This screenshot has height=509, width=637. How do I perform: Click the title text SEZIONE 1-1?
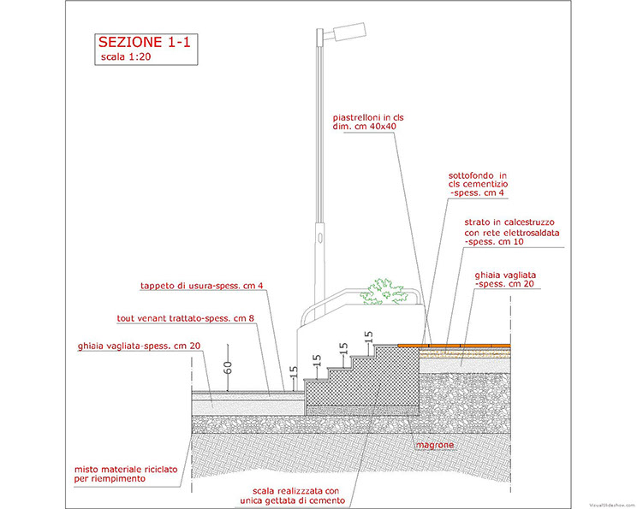(x=144, y=42)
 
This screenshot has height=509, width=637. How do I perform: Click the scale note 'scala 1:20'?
(x=126, y=56)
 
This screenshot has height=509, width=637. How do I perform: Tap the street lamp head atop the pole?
(x=349, y=32)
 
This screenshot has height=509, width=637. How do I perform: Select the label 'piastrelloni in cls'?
(x=368, y=118)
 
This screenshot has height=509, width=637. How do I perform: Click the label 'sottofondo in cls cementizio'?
(x=478, y=180)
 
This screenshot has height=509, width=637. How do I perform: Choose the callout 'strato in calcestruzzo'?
(x=509, y=222)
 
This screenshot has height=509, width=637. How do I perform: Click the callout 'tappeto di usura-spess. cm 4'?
(x=201, y=286)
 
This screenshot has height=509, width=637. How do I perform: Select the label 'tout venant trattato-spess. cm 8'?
(x=185, y=318)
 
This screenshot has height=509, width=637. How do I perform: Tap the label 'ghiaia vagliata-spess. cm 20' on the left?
(x=139, y=346)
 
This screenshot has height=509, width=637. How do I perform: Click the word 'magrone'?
(x=434, y=446)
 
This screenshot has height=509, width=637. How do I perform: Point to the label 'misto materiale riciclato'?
(x=126, y=470)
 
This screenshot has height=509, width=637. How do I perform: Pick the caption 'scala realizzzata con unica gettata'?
(x=293, y=495)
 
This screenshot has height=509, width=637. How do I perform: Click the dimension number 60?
(x=228, y=368)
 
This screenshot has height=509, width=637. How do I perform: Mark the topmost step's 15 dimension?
(x=368, y=338)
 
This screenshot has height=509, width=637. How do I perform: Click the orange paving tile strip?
(x=454, y=346)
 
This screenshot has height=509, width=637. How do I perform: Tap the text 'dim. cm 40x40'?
(x=365, y=127)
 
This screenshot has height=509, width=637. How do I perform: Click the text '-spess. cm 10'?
(x=494, y=242)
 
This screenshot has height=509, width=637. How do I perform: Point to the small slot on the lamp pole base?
(x=320, y=237)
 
